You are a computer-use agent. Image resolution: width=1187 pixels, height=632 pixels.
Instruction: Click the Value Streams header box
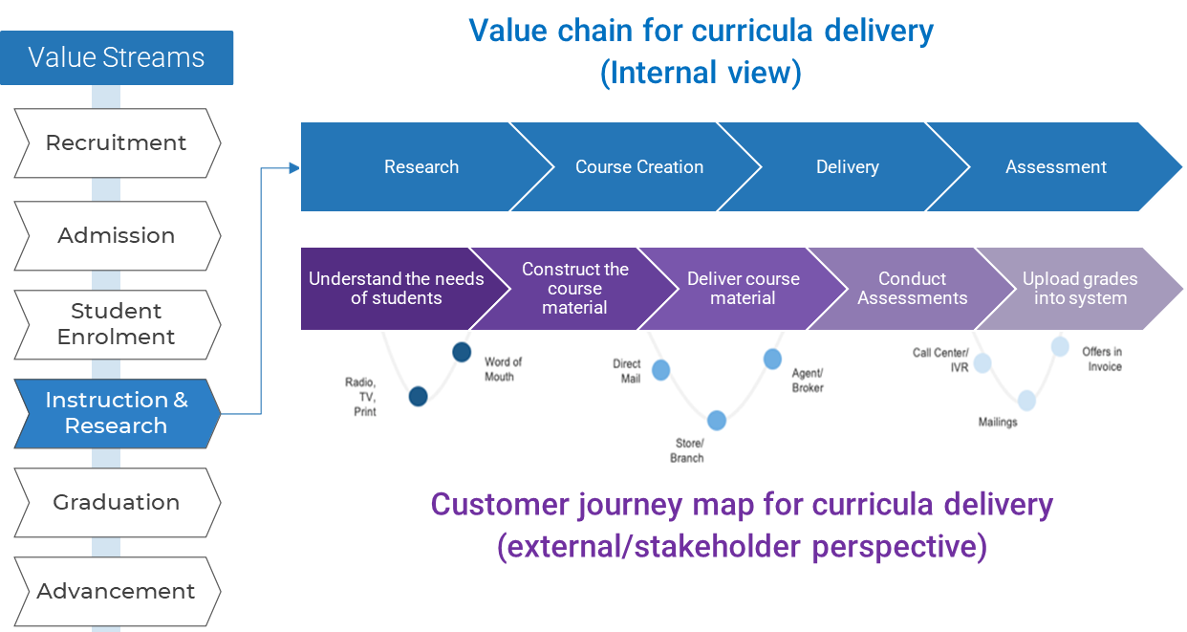tap(117, 57)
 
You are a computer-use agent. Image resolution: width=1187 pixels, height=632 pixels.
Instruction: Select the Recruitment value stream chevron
tap(117, 142)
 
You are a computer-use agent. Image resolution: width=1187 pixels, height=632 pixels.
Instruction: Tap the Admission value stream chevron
tap(117, 235)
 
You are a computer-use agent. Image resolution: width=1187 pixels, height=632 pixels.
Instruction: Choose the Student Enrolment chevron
tap(117, 324)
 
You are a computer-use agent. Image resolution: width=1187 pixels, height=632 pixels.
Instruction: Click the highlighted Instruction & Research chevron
tap(117, 413)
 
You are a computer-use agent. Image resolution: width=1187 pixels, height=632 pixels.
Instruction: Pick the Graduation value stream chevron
tap(117, 502)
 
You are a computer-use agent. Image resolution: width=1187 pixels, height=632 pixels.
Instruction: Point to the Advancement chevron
tap(117, 591)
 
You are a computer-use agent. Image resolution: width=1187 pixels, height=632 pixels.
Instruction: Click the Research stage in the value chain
tap(421, 166)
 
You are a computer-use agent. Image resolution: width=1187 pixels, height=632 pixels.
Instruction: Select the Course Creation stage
tap(638, 166)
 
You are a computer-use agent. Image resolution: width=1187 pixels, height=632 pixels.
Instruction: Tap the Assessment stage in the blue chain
tap(1055, 166)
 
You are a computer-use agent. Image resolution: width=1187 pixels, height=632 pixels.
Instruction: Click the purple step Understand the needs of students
tap(395, 289)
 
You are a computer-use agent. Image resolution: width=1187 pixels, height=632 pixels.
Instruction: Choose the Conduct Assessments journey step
tap(912, 289)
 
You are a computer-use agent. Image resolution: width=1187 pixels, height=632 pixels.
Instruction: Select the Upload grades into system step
tap(1079, 289)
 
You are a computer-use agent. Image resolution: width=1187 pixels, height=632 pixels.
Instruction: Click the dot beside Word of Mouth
tap(462, 353)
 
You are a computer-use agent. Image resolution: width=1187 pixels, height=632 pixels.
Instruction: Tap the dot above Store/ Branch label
tap(716, 420)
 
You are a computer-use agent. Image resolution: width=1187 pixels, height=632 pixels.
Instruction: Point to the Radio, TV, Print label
tap(362, 397)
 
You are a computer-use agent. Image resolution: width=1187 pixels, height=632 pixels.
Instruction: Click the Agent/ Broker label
tap(807, 381)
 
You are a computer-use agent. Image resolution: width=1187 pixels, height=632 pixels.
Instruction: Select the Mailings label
tap(997, 422)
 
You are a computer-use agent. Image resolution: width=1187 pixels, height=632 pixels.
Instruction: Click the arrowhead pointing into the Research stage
tap(294, 168)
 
